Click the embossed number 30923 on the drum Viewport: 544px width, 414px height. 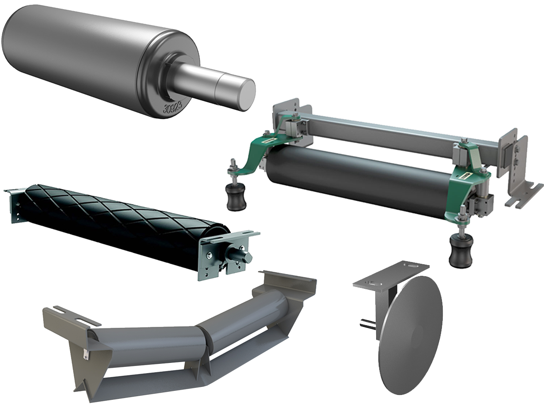(x=172, y=107)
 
